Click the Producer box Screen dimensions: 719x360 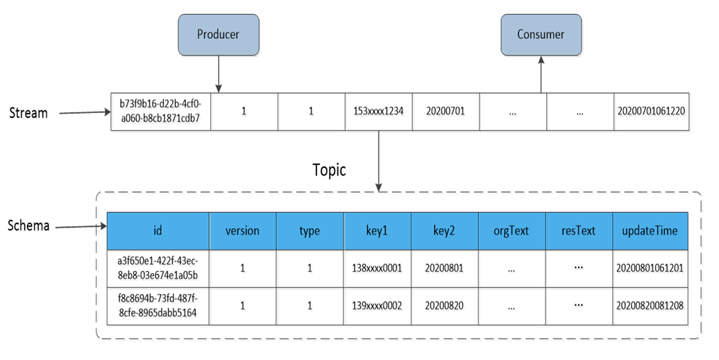[219, 35]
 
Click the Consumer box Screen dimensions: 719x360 [541, 35]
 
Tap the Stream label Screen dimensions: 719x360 [28, 113]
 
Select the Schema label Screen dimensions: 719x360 [28, 225]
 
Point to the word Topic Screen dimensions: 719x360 [329, 171]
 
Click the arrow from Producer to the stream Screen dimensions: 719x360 [219, 74]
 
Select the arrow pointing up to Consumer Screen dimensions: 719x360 [541, 75]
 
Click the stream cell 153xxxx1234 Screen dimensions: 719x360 [379, 112]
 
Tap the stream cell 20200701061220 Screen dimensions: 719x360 [651, 112]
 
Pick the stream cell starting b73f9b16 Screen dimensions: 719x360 [161, 112]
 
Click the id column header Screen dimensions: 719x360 [158, 231]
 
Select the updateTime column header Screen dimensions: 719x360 [650, 231]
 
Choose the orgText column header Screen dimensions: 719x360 [511, 231]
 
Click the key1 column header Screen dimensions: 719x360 [378, 231]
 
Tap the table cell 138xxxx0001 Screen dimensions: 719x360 [378, 268]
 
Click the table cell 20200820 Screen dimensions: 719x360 [445, 306]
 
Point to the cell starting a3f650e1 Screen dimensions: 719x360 [158, 268]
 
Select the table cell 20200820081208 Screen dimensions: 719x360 [650, 306]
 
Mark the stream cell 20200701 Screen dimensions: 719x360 [446, 112]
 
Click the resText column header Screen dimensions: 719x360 [579, 231]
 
